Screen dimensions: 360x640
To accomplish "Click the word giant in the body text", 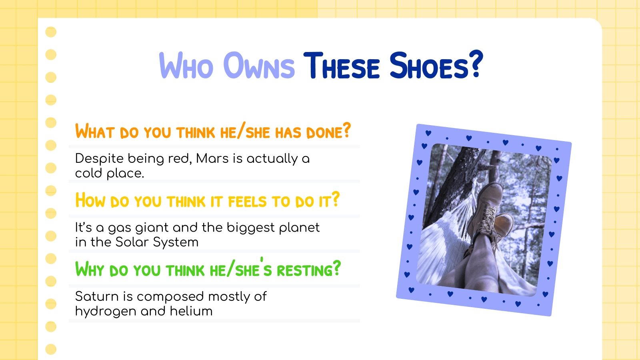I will pos(152,228).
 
